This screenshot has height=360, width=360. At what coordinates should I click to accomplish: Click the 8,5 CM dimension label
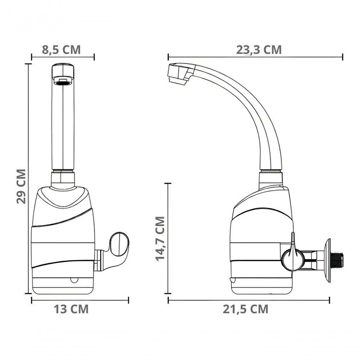pyautogui.click(x=61, y=50)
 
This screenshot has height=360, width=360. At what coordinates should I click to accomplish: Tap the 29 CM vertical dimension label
pyautogui.click(x=21, y=186)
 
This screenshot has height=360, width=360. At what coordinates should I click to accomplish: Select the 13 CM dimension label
pyautogui.click(x=71, y=309)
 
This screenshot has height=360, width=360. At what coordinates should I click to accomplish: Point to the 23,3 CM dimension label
pyautogui.click(x=259, y=50)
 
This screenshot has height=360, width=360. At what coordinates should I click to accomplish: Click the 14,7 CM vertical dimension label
pyautogui.click(x=160, y=239)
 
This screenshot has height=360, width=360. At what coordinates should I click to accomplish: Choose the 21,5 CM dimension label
pyautogui.click(x=246, y=309)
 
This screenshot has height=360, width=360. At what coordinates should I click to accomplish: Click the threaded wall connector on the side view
pyautogui.click(x=337, y=260)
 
